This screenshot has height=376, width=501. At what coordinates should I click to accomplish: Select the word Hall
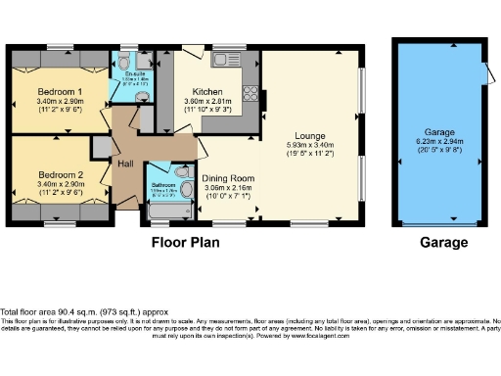click(126, 163)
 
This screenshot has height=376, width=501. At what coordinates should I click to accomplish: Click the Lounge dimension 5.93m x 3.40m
click(311, 145)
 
